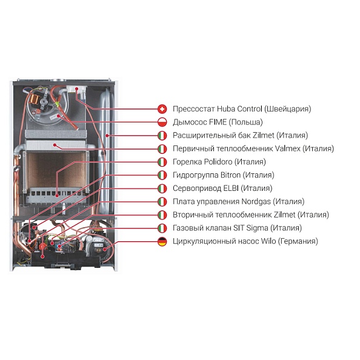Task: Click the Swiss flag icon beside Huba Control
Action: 162,109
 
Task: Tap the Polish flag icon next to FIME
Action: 162,122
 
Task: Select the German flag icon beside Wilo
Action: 162,242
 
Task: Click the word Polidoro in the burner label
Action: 218,162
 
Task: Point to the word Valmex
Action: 287,148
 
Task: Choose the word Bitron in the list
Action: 230,175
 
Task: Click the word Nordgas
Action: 256,202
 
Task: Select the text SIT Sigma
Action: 251,228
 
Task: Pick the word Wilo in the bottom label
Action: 268,241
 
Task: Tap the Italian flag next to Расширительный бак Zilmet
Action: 162,136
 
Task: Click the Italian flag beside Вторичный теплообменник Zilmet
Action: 162,215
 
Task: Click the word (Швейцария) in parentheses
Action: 288,109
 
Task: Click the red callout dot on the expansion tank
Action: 107,136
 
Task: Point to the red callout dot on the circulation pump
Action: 105,250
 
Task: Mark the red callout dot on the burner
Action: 57,196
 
